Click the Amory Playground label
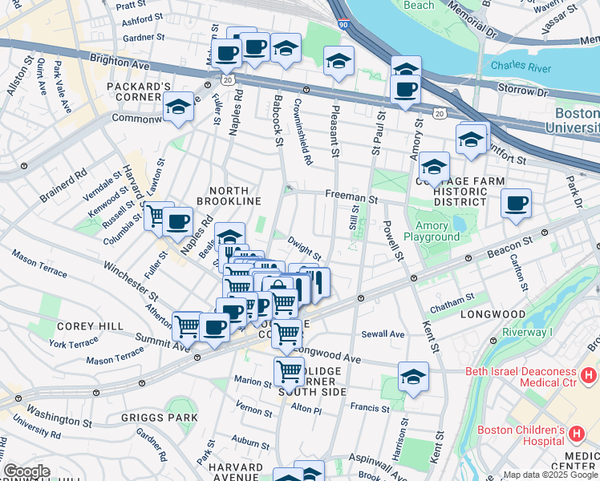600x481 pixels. [437, 232]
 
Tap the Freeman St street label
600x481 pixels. [351, 196]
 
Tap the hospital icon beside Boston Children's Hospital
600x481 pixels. [575, 435]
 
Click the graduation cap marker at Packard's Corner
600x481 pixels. [177, 107]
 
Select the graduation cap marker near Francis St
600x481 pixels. [412, 375]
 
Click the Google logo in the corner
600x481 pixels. [26, 471]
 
